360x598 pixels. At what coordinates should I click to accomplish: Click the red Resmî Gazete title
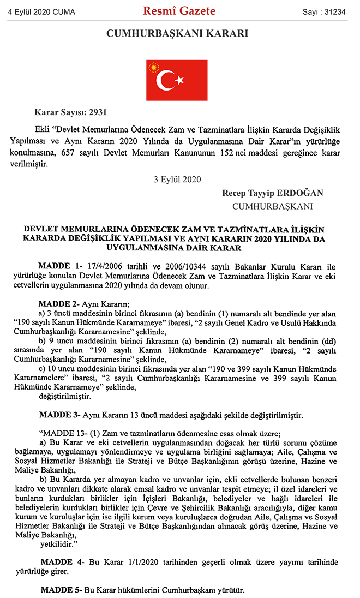coord(179,11)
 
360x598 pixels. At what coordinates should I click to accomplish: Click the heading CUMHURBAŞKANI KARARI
coord(177,34)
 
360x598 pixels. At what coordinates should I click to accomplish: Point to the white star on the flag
coord(178,81)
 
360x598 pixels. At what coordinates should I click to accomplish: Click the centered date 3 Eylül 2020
coord(178,179)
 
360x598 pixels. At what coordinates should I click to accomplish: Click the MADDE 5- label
coord(61,590)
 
